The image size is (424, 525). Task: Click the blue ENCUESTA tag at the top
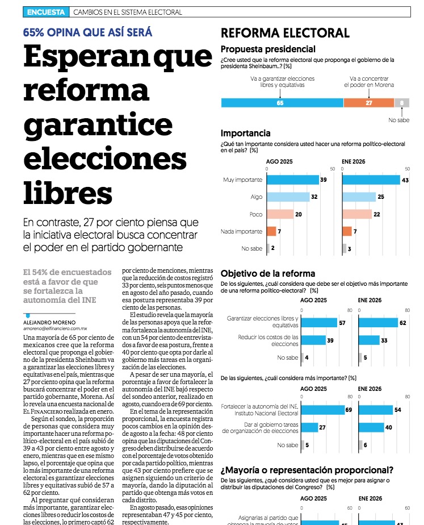[x=45, y=12]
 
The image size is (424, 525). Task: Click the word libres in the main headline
[x=68, y=190]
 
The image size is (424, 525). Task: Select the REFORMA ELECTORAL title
[x=284, y=32]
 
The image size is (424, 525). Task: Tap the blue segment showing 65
[x=282, y=103]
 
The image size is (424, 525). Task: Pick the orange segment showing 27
[x=368, y=103]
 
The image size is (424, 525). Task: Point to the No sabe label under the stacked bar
[x=399, y=120]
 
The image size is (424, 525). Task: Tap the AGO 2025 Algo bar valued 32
[x=288, y=197]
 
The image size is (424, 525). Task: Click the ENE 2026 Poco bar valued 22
[x=357, y=214]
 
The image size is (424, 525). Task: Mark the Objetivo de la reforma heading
[x=267, y=273]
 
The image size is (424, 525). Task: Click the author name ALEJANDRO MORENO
[x=48, y=321]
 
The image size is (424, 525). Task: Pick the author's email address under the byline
[x=55, y=328]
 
